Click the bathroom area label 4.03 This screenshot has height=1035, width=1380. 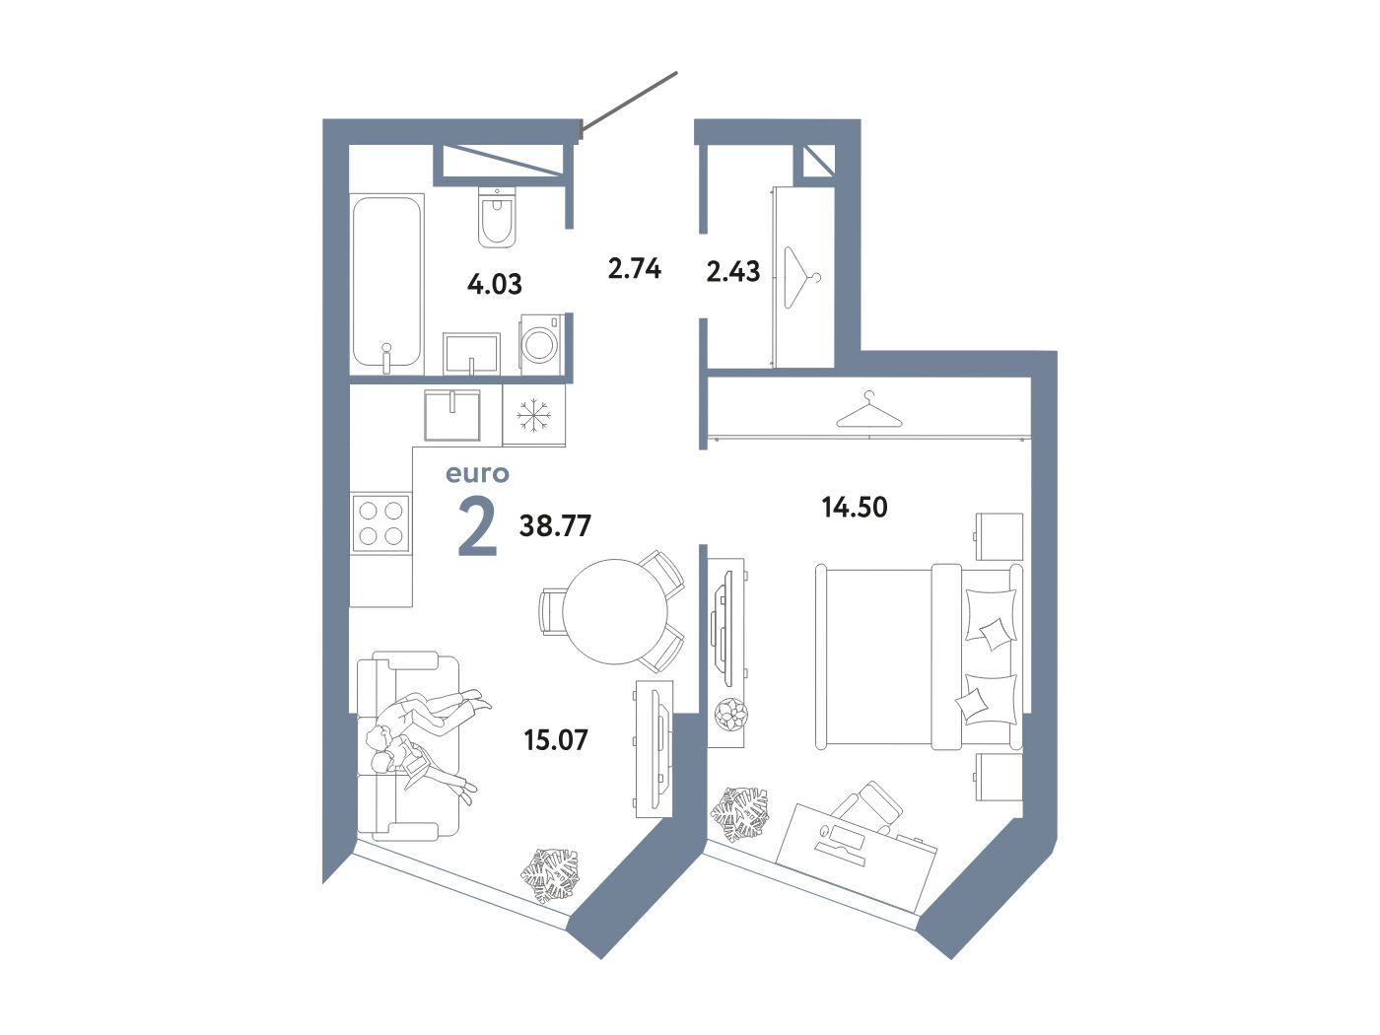tap(494, 284)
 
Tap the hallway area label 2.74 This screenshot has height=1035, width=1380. tap(635, 269)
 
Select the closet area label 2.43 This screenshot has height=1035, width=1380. tap(733, 272)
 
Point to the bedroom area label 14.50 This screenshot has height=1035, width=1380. tap(855, 507)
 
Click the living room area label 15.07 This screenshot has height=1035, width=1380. tap(556, 739)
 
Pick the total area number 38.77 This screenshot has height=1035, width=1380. tap(555, 525)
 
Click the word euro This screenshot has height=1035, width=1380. tap(477, 474)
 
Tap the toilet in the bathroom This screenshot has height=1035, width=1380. tap(497, 217)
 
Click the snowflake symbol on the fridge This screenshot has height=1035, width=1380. tap(534, 415)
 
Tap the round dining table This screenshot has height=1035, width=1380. tap(615, 611)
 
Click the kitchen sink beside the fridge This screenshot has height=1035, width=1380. tap(452, 415)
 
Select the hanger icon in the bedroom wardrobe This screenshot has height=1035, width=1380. tap(869, 409)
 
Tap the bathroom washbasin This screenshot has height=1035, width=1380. tap(471, 353)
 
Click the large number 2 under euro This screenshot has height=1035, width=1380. tap(478, 526)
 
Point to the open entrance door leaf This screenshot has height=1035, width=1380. tap(629, 103)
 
